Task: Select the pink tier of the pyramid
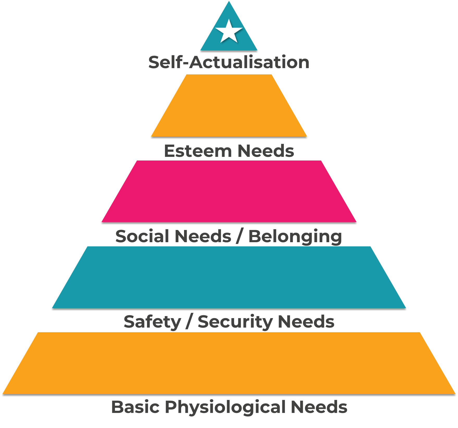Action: coord(229,192)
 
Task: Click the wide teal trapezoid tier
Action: coord(229,277)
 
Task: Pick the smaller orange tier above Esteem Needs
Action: coord(229,106)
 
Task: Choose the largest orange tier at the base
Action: coord(229,363)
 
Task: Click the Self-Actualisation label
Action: coord(229,62)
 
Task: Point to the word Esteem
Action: coord(198,151)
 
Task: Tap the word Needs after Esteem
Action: coord(266,151)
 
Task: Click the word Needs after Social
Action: coord(203,236)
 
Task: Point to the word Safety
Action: coord(152,322)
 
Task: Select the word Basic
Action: coord(135,407)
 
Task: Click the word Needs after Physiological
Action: coord(319,407)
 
